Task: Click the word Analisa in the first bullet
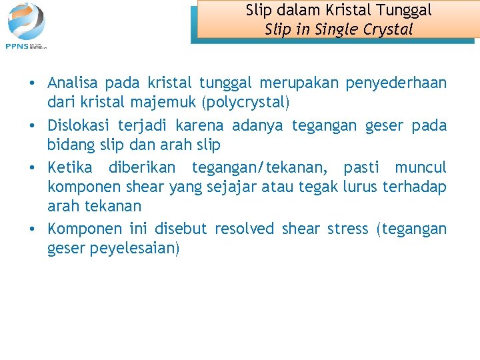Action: coord(73,83)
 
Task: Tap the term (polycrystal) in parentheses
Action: coord(248,103)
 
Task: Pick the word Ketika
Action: coord(69,167)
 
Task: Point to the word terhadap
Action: coord(415,187)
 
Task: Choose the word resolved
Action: coord(244,229)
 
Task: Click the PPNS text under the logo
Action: coord(16,45)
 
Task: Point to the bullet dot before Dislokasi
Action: coord(32,126)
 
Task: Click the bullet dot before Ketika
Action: coord(32,167)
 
